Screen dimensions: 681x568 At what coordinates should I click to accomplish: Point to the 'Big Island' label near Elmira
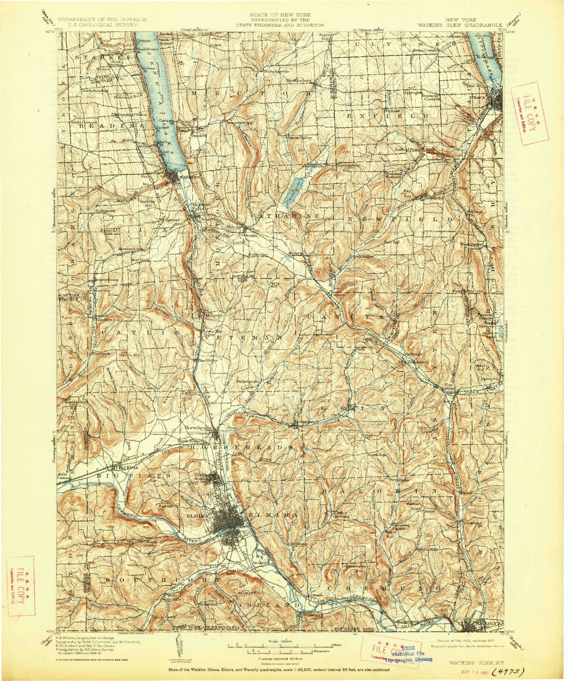pyautogui.click(x=262, y=560)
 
